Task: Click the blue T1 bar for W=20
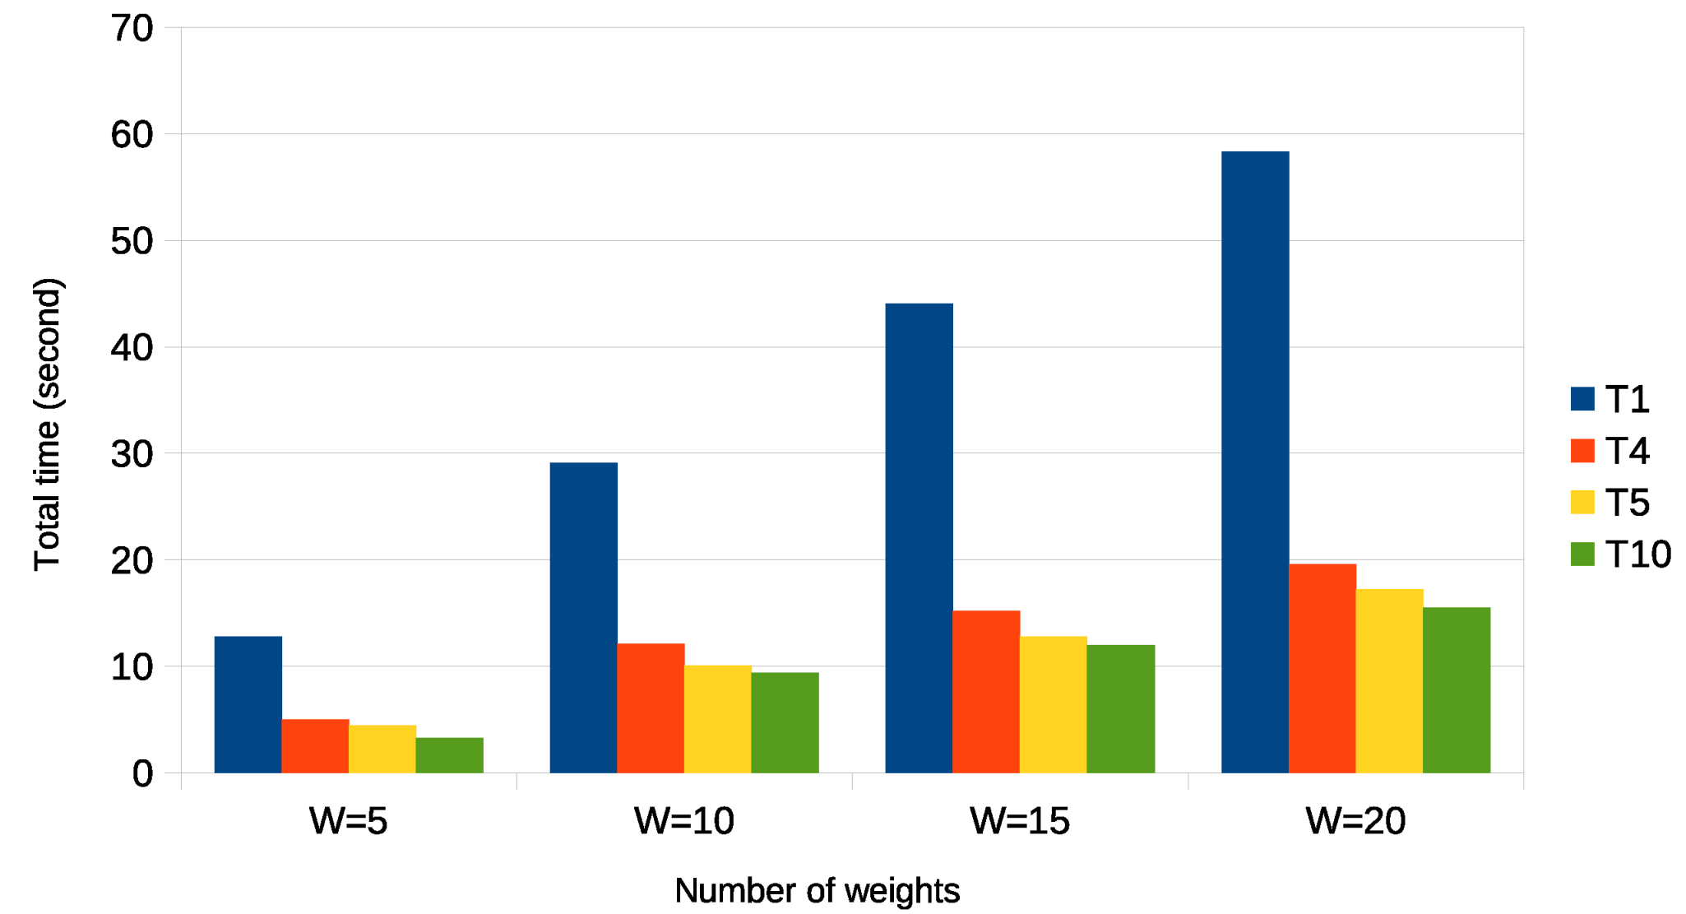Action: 1254,462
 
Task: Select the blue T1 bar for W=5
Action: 248,704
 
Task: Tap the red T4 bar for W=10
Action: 651,708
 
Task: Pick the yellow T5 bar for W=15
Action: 1053,704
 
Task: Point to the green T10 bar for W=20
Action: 1456,689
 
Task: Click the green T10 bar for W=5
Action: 449,754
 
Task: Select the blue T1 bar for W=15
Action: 919,538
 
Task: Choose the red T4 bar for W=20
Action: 1322,668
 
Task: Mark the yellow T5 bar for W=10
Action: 717,718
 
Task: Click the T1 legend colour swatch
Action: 1582,399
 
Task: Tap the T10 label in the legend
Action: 1638,554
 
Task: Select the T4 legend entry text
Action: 1628,451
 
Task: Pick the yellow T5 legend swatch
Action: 1582,503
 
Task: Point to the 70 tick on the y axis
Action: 132,29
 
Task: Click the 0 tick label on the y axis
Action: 143,773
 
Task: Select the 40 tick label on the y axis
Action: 132,348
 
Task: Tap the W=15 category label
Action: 1020,821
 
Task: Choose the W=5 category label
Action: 349,821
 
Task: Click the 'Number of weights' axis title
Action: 818,890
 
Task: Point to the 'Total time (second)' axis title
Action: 48,425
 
